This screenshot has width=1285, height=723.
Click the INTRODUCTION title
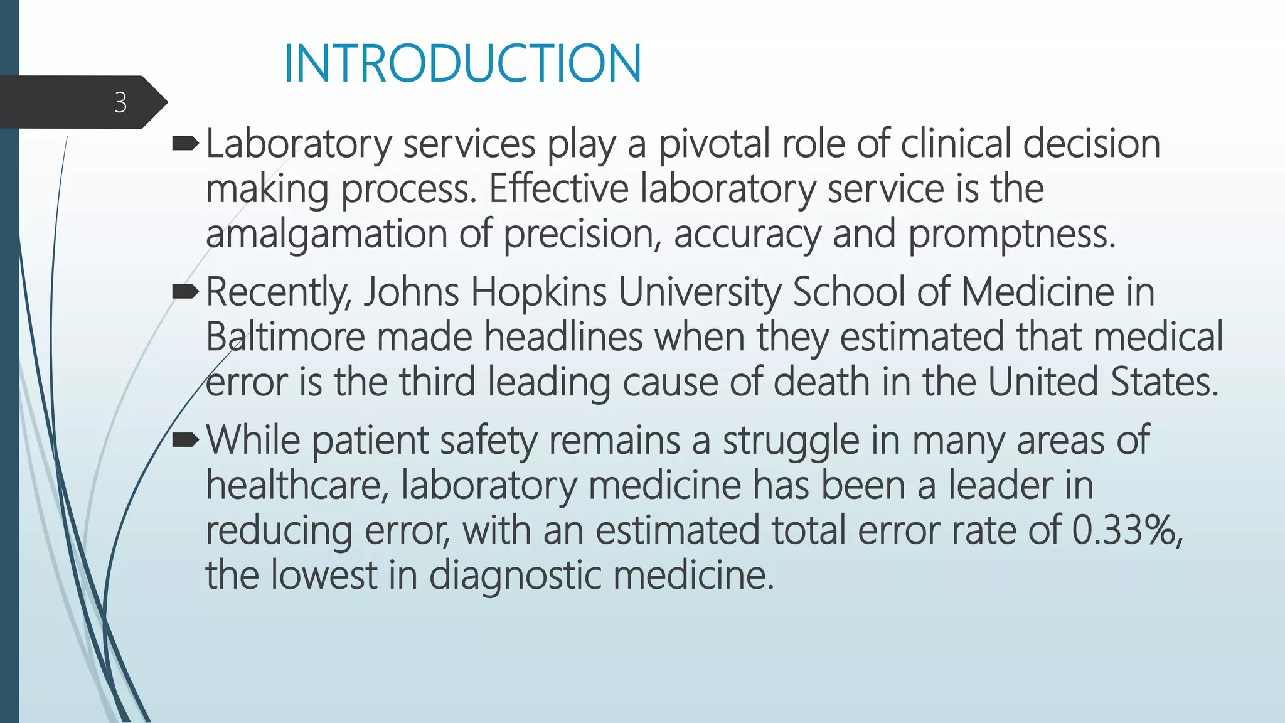point(462,63)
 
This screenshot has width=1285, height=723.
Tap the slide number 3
point(120,102)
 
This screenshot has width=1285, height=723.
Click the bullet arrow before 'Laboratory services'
point(185,145)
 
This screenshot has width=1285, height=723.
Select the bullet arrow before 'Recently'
point(185,292)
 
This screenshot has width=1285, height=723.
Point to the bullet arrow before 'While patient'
point(185,440)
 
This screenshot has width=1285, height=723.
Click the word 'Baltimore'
point(285,337)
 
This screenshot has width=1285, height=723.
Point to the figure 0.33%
point(1126,530)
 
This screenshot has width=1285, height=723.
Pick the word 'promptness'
point(1011,235)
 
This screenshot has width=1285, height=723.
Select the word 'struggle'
point(791,441)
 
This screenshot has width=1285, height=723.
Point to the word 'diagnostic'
point(515,576)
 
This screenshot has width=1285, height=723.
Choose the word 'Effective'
point(558,189)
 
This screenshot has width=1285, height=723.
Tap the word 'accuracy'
point(747,235)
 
